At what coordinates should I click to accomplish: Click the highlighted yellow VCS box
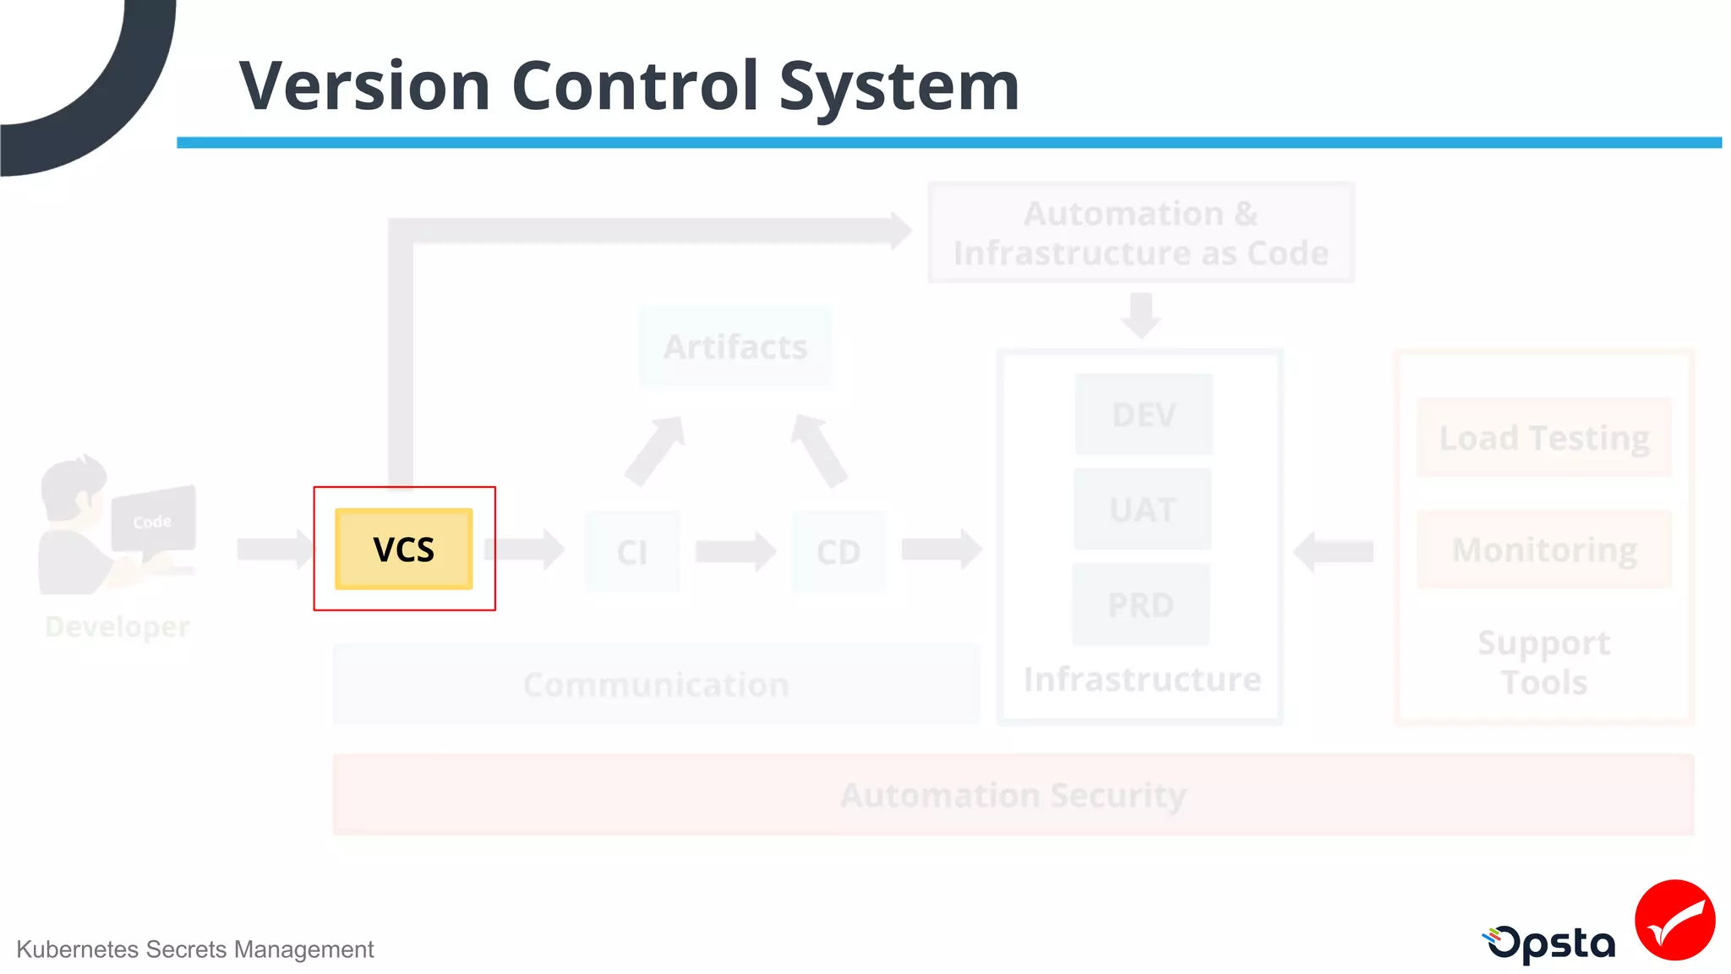[x=404, y=549]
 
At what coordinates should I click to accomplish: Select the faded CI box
[x=632, y=551]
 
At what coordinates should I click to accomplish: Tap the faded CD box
[x=838, y=551]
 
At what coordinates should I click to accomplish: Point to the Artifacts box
[x=735, y=347]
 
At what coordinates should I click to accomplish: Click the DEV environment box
[x=1144, y=414]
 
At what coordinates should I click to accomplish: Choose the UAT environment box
[x=1143, y=509]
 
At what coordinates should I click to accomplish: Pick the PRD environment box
[x=1141, y=605]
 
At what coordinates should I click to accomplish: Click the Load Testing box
[x=1544, y=438]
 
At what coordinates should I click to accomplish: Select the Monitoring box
[x=1544, y=550]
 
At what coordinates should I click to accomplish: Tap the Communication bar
[x=656, y=684]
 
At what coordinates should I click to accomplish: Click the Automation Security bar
[x=1013, y=795]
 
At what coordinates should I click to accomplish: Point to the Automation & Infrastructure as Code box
[x=1141, y=233]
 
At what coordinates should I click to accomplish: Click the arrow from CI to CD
[x=734, y=551]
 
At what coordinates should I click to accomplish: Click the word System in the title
[x=898, y=86]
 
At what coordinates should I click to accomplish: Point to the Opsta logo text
[x=1551, y=944]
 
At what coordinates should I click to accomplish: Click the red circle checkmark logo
[x=1674, y=920]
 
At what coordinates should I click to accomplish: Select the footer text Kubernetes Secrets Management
[x=194, y=949]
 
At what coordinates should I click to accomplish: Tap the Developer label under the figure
[x=117, y=627]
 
